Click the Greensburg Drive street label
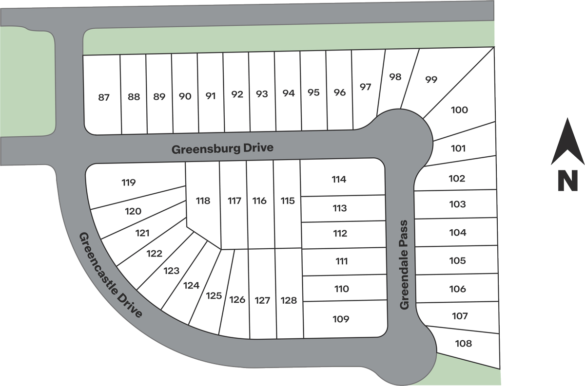point(223,148)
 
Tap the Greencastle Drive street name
point(111,275)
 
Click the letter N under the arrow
point(567,181)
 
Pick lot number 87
point(104,97)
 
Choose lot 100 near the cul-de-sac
point(459,110)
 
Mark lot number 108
point(463,344)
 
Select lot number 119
point(128,183)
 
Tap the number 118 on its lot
point(203,201)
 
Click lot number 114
point(339,179)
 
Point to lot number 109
point(341,319)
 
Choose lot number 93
point(262,94)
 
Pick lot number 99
point(431,79)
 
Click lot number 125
point(214,295)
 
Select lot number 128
point(289,300)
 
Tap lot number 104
point(458,233)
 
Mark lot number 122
point(155,254)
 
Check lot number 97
point(365,87)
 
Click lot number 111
point(342,261)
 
